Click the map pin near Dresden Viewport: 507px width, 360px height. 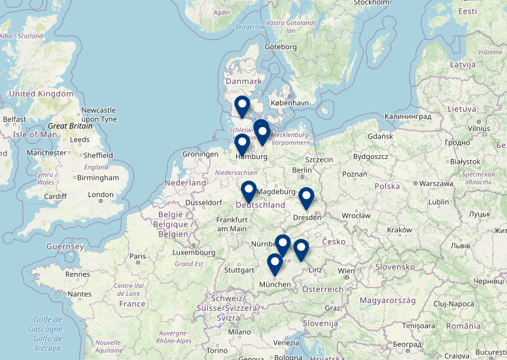click(x=306, y=198)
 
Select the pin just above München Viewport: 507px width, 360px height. click(x=275, y=264)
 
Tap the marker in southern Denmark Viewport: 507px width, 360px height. click(x=242, y=107)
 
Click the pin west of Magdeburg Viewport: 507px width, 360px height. click(x=249, y=192)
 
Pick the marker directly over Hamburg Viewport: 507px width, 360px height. click(x=242, y=145)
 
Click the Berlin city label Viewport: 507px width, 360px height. click(x=302, y=170)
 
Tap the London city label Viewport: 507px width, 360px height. click(x=101, y=194)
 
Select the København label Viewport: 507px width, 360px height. click(x=290, y=103)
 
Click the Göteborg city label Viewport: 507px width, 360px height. click(x=281, y=47)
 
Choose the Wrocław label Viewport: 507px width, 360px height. click(x=356, y=215)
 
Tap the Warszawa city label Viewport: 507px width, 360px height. click(x=436, y=183)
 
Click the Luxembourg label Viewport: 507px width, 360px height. click(x=194, y=252)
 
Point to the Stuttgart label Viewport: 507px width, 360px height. click(x=239, y=270)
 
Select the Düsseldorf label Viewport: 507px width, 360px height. click(x=204, y=202)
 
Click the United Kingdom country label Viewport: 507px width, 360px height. click(x=41, y=94)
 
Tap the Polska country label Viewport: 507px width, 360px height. click(x=387, y=187)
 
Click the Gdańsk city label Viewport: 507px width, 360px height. click(x=380, y=136)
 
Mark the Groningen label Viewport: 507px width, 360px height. click(x=200, y=154)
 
